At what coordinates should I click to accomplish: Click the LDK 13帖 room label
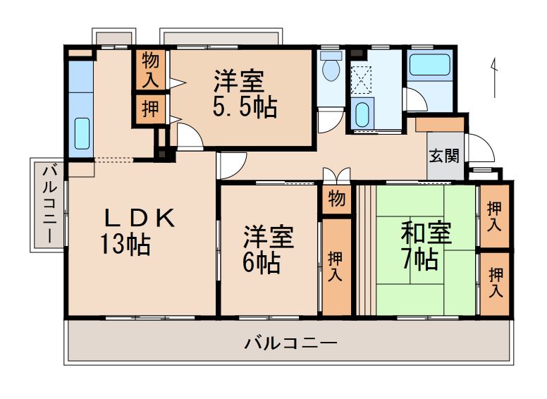point(138,231)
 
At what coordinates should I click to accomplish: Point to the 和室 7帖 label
point(426,246)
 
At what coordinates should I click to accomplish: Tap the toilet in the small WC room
point(329,70)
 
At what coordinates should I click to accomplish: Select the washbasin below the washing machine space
point(362,114)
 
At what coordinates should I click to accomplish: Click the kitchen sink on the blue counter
point(81,132)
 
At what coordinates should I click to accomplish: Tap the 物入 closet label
point(150,69)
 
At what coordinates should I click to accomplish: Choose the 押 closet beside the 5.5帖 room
point(150,109)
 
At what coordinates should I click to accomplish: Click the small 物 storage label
point(337,199)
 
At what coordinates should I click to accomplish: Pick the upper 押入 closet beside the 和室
point(495,217)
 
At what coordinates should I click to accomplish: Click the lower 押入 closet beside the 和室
point(496,281)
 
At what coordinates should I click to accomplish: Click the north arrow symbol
point(495,74)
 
